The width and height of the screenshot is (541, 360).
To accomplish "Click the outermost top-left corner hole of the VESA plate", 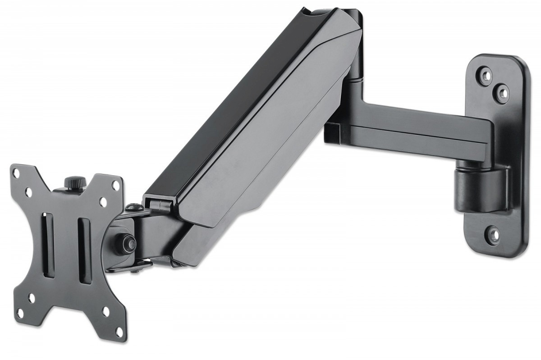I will (17, 173).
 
